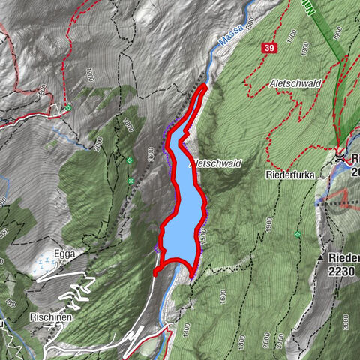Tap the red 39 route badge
point(268,49)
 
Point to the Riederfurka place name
point(289,174)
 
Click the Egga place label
point(64,254)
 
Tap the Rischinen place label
point(51,317)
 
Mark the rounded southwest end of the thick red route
point(155,273)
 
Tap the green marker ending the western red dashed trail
point(67,107)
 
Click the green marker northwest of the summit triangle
point(298,235)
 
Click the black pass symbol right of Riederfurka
point(340,158)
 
